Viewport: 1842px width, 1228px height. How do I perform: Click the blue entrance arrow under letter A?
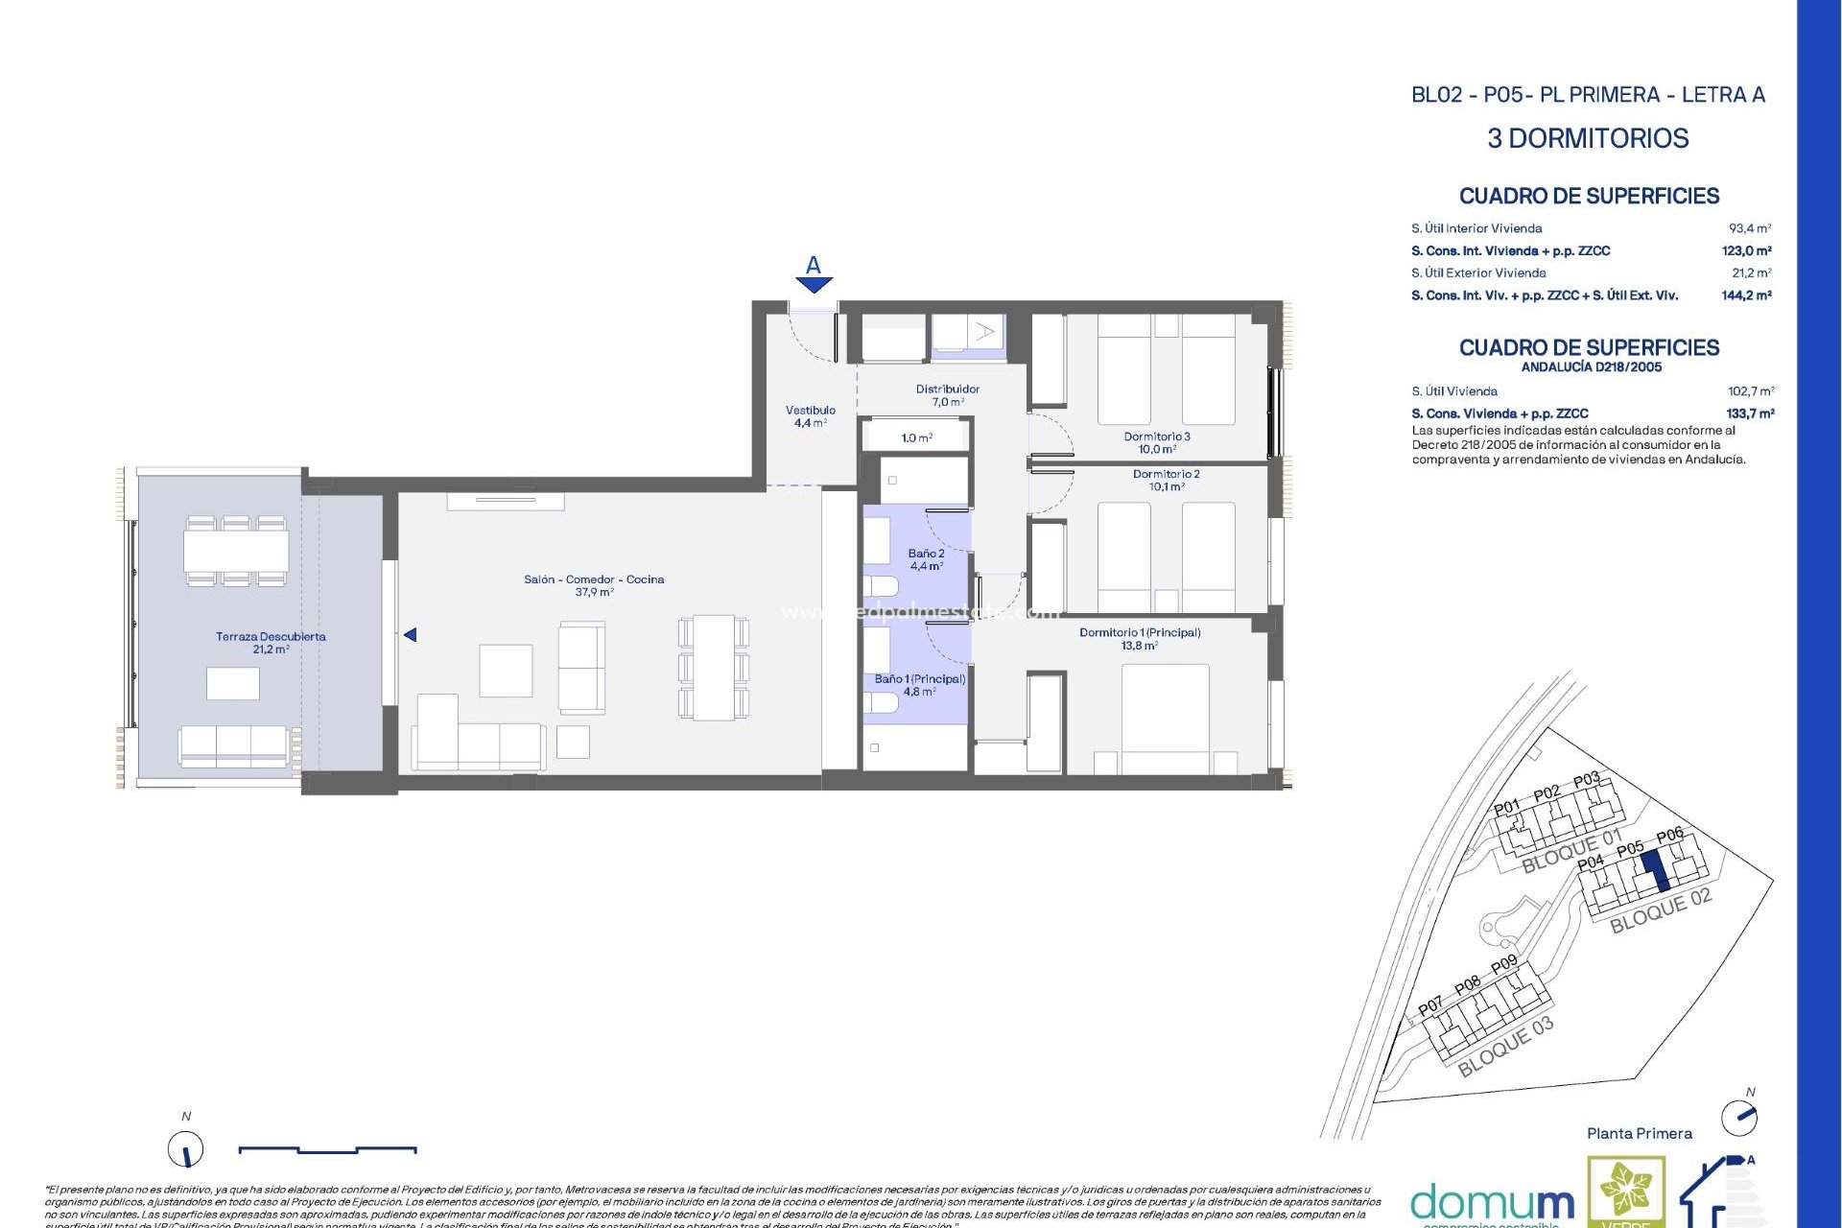tap(814, 285)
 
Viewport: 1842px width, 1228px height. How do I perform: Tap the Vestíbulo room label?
tap(810, 416)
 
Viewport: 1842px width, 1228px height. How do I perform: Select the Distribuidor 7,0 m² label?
tap(947, 395)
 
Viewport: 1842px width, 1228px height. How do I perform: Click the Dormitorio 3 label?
tap(1157, 442)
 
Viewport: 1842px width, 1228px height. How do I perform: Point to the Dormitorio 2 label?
tap(1166, 480)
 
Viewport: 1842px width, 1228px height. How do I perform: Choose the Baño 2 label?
tap(926, 559)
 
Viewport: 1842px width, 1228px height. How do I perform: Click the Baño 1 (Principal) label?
tap(919, 684)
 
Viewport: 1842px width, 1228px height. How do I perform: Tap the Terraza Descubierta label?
tap(271, 643)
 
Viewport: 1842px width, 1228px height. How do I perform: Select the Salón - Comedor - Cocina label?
tap(594, 585)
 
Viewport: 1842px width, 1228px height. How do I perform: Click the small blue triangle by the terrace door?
tap(410, 635)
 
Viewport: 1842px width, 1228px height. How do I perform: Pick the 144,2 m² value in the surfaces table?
tap(1746, 295)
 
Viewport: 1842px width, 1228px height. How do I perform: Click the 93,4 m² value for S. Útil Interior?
tap(1749, 228)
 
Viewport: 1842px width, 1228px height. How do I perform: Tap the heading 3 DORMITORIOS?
tap(1588, 138)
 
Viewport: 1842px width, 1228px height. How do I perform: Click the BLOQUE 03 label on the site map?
tap(1504, 1048)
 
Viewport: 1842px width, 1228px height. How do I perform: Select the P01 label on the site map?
tap(1506, 808)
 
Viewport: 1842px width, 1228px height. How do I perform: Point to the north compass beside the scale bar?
tap(186, 1148)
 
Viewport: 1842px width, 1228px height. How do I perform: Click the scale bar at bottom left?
tap(326, 1148)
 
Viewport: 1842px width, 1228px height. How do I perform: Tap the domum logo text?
tap(1492, 1203)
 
